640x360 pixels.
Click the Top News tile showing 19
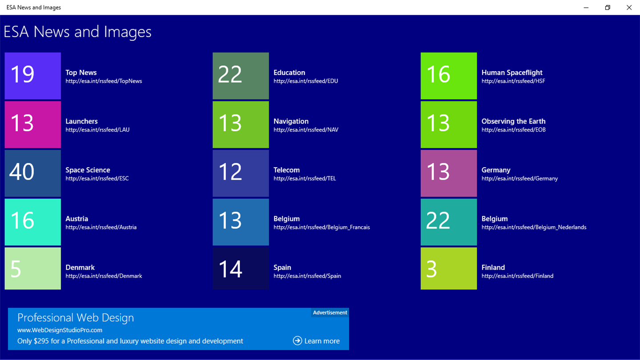pyautogui.click(x=32, y=76)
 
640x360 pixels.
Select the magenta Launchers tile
pyautogui.click(x=32, y=124)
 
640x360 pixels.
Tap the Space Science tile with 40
pyautogui.click(x=32, y=173)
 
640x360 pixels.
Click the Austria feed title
pyautogui.click(x=77, y=219)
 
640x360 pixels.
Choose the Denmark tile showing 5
pyautogui.click(x=32, y=268)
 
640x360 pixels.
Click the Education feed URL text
pyautogui.click(x=305, y=81)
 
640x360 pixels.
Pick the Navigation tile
pyautogui.click(x=240, y=124)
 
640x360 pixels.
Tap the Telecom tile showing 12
pyautogui.click(x=240, y=173)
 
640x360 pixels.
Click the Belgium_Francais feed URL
pyautogui.click(x=321, y=228)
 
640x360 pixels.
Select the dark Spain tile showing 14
pyautogui.click(x=240, y=268)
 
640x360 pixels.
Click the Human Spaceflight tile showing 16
pyautogui.click(x=448, y=76)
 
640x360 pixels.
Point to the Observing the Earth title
pyautogui.click(x=513, y=121)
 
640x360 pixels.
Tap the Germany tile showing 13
pyautogui.click(x=448, y=173)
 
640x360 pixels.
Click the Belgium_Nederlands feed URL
pyautogui.click(x=534, y=228)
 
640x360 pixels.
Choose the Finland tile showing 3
pyautogui.click(x=448, y=268)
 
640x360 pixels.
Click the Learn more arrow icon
pyautogui.click(x=297, y=340)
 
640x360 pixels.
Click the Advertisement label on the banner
pyautogui.click(x=330, y=313)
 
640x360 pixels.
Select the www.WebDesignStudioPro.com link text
pyautogui.click(x=60, y=330)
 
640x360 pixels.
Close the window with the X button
pyautogui.click(x=629, y=8)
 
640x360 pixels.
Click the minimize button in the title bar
pyautogui.click(x=586, y=8)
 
